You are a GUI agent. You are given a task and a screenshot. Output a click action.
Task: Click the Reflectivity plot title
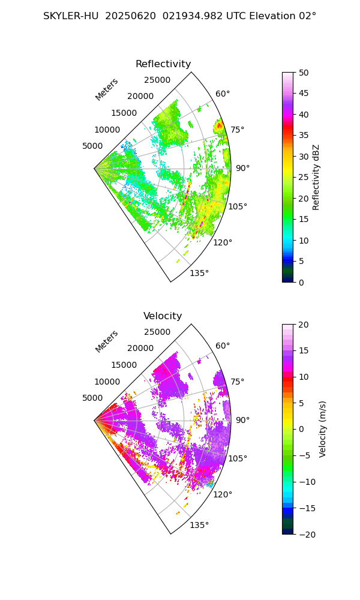[x=163, y=64]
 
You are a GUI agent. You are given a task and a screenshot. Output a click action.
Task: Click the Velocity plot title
[x=163, y=316]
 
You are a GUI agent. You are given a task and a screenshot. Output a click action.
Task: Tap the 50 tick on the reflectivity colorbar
[x=304, y=73]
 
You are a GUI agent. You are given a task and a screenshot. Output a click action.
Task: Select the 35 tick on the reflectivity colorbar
[x=304, y=136]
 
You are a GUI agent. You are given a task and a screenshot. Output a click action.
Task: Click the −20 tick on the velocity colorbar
[x=306, y=534]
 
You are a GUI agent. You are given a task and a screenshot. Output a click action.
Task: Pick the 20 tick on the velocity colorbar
[x=304, y=325]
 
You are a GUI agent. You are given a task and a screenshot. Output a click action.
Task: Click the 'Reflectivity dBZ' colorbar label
[x=316, y=177]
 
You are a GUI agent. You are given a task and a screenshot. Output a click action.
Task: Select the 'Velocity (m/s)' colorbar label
[x=323, y=429]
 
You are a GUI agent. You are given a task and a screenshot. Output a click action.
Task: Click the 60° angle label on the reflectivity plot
[x=223, y=94]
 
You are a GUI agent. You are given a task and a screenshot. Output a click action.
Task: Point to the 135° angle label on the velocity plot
[x=199, y=526]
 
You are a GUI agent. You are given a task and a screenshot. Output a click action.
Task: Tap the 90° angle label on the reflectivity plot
[x=242, y=168]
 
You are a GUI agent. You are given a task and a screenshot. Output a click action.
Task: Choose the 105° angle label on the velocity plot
[x=238, y=458]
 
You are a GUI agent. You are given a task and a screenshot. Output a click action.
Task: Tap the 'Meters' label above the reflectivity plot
[x=107, y=89]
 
